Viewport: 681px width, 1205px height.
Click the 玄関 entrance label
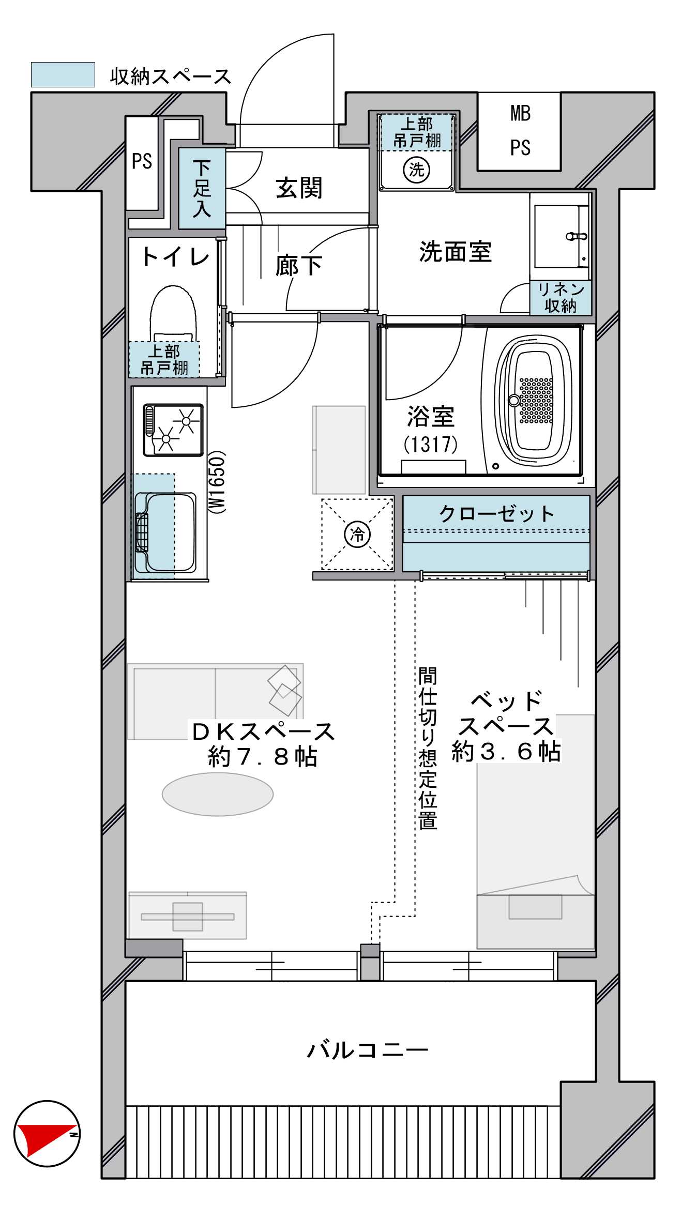pos(299,188)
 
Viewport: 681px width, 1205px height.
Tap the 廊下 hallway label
pos(299,266)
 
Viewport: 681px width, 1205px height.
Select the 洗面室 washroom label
pos(455,252)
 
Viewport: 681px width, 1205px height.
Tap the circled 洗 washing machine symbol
pos(416,170)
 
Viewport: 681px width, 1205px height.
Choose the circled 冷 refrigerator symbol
pos(357,534)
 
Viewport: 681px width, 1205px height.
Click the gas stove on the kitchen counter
pos(173,430)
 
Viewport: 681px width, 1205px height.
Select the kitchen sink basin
pos(165,532)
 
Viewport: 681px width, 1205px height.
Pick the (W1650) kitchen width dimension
pos(217,482)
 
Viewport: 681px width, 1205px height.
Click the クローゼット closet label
pos(496,513)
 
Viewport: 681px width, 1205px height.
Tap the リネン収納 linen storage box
pos(561,298)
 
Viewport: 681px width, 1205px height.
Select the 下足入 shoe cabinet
pos(202,188)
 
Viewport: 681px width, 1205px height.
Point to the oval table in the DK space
pos(218,795)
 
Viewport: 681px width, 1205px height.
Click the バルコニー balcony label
pos(368,1050)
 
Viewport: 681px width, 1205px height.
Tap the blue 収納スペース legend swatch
pos(63,74)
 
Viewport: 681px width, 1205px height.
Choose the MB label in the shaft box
pos(520,113)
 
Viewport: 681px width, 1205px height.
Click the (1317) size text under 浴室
pos(431,444)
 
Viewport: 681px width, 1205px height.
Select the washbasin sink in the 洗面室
pos(561,236)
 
